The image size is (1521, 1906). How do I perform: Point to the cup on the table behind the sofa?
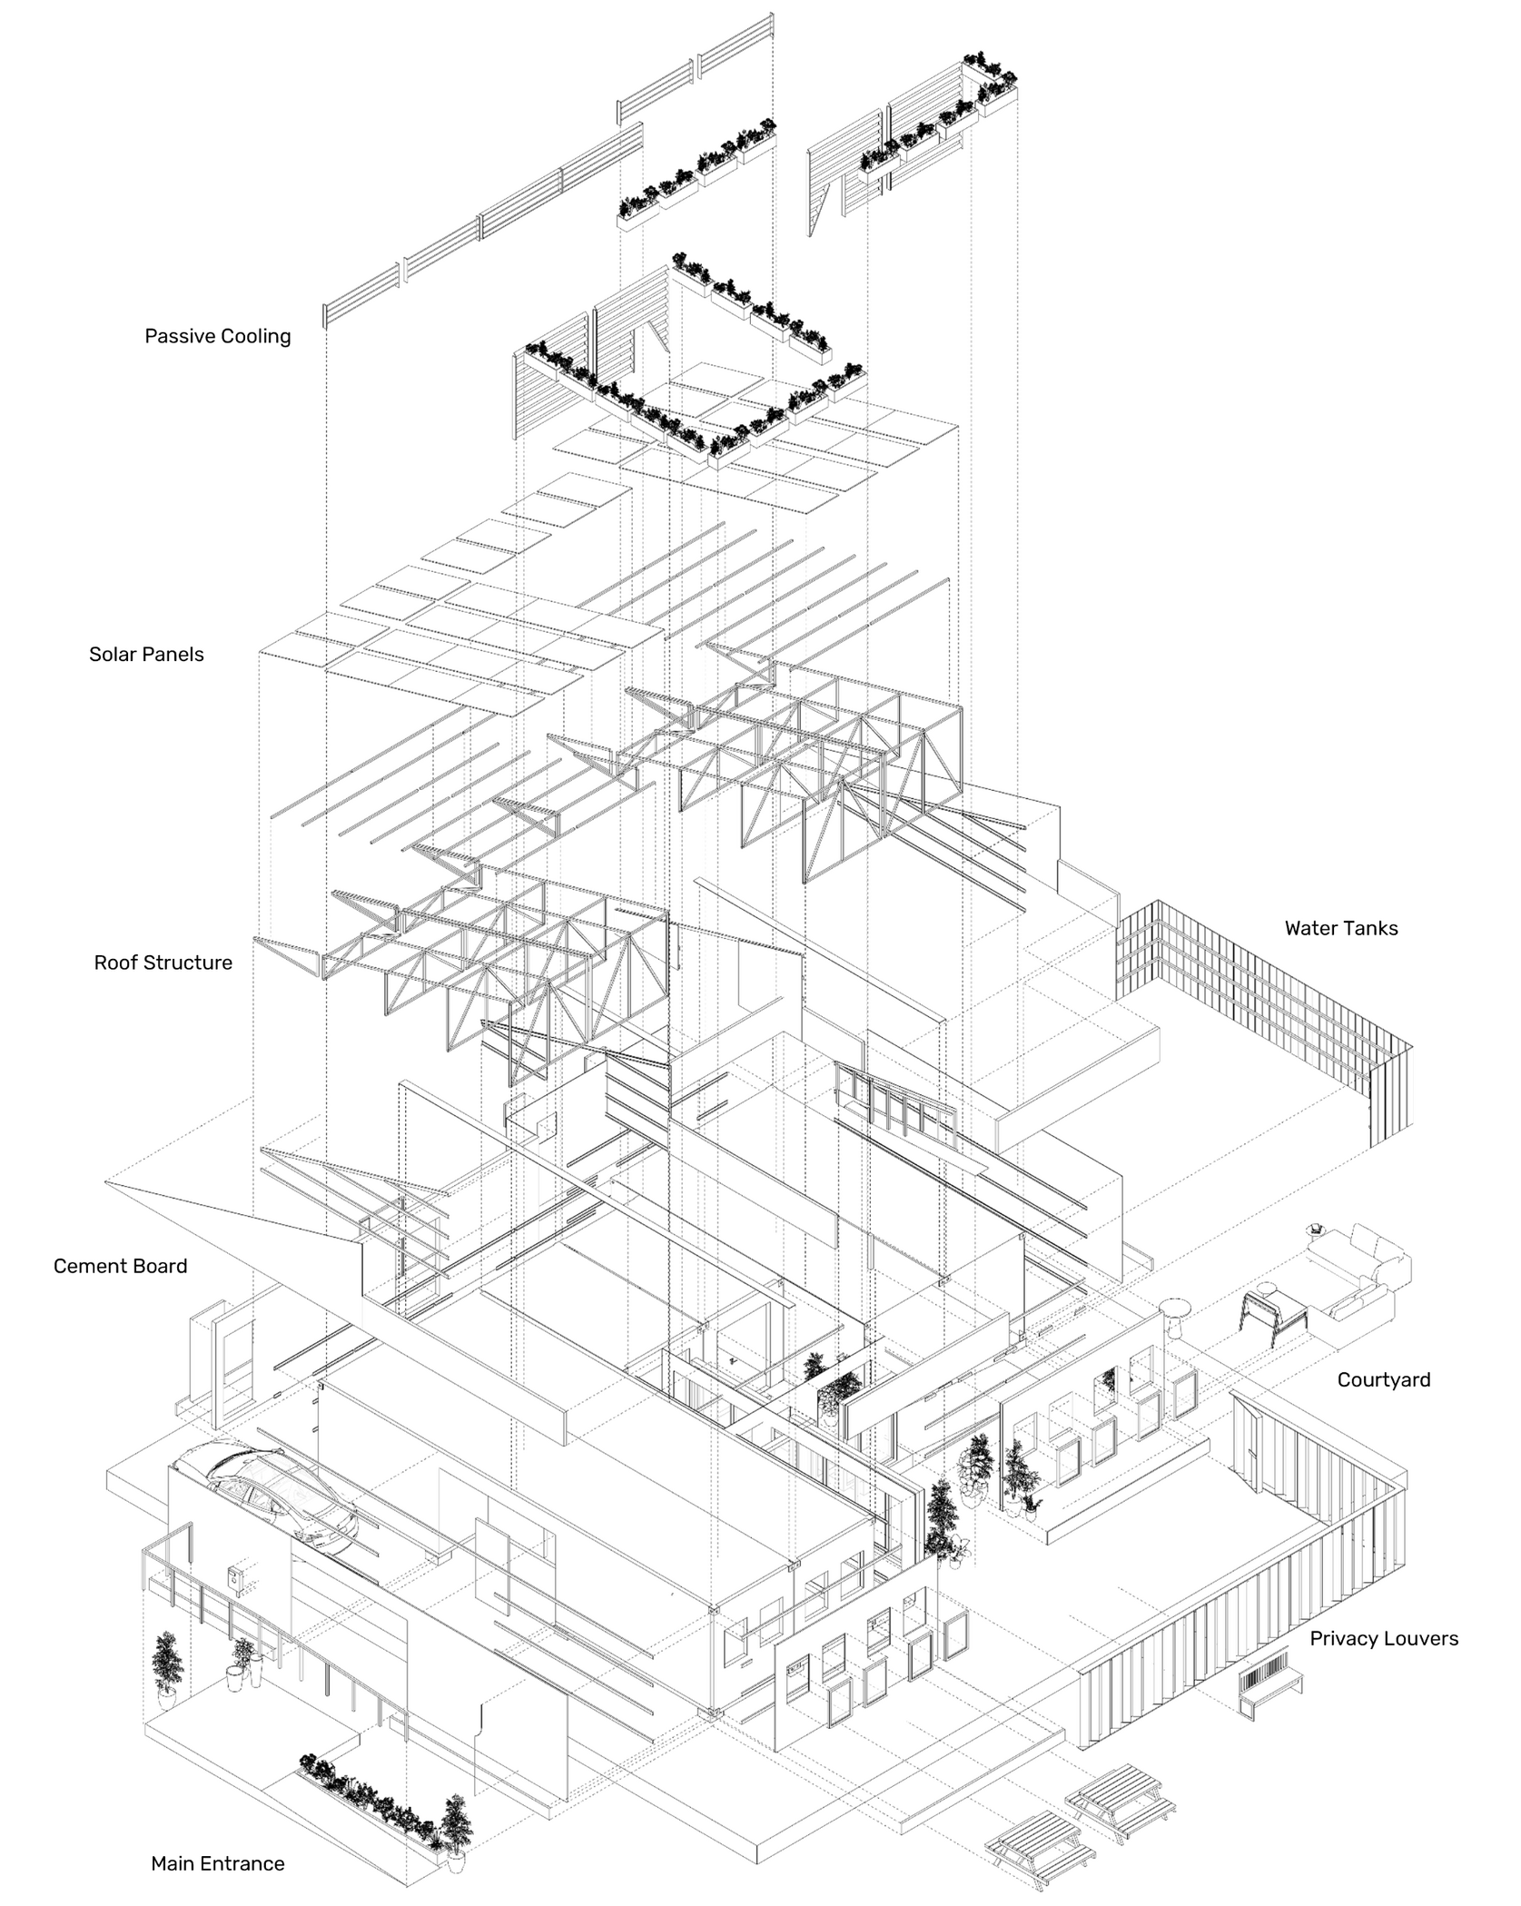tap(1312, 1230)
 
